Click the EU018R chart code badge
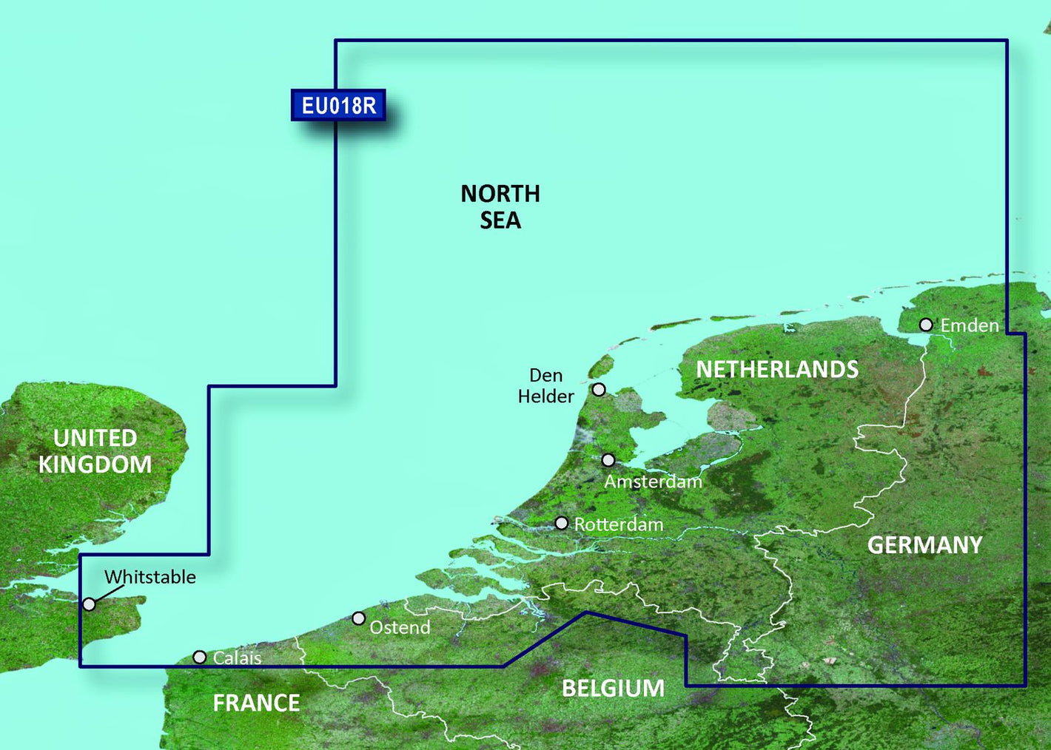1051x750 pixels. click(x=338, y=106)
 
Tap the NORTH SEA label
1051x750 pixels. click(x=500, y=207)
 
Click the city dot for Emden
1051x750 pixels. click(x=926, y=325)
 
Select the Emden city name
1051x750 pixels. click(x=969, y=325)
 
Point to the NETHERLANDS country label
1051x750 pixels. click(x=777, y=370)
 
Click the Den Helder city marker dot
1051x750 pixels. click(x=599, y=389)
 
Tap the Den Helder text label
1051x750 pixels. click(x=546, y=386)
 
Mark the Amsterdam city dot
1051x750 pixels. click(x=608, y=460)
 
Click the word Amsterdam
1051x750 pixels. click(x=653, y=482)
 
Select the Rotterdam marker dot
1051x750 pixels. click(x=562, y=524)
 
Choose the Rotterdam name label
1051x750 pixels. click(x=619, y=524)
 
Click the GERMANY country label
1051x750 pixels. click(x=924, y=546)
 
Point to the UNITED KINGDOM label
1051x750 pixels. click(x=95, y=451)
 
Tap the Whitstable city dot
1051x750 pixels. click(x=89, y=604)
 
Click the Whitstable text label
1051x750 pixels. click(x=150, y=577)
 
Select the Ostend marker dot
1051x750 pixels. click(x=359, y=618)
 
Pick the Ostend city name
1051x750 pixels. click(x=400, y=628)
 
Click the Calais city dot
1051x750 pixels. click(x=200, y=657)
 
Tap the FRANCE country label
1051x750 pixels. click(x=256, y=703)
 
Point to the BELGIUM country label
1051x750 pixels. click(x=613, y=689)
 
